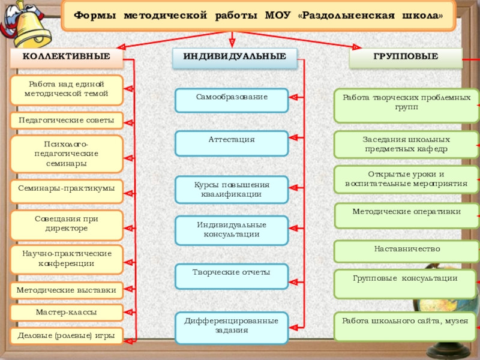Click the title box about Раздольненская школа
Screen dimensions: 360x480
pyautogui.click(x=259, y=16)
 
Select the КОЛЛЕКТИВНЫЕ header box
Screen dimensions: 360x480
pyautogui.click(x=66, y=58)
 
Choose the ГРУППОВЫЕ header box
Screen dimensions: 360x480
pyautogui.click(x=406, y=58)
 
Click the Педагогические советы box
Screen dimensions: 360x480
pyautogui.click(x=66, y=121)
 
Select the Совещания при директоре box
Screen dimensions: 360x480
pyautogui.click(x=66, y=224)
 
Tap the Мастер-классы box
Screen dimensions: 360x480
pyautogui.click(x=66, y=313)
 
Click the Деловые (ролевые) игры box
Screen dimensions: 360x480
pyautogui.click(x=66, y=335)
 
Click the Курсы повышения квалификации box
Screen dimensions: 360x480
pyautogui.click(x=232, y=189)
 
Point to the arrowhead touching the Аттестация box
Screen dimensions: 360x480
pyautogui.click(x=293, y=137)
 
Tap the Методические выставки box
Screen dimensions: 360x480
pyautogui.click(x=66, y=290)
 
